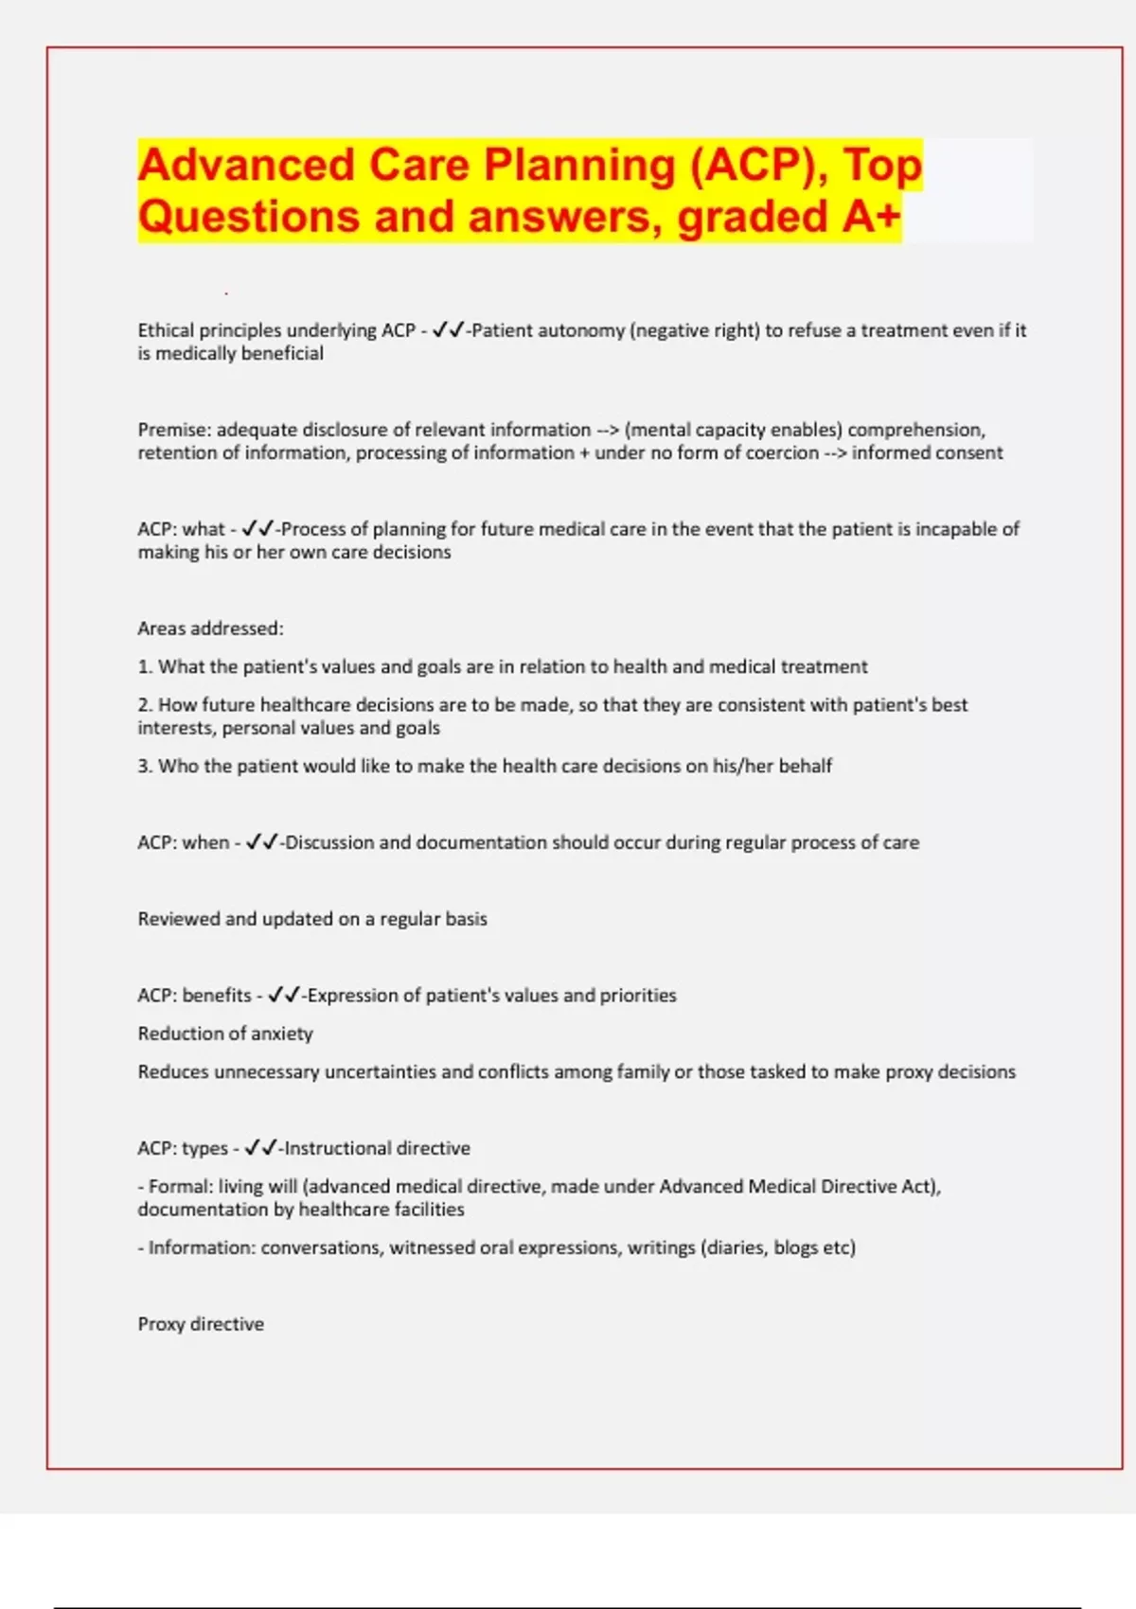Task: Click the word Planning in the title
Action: [579, 166]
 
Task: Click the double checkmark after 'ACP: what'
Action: [257, 529]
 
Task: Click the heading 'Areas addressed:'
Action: [210, 628]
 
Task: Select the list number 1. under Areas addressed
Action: [145, 666]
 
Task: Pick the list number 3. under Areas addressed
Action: [145, 766]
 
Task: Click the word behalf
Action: [805, 766]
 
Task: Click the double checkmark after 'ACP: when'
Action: [261, 842]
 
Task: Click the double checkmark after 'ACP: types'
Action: [260, 1148]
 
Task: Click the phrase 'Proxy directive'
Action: [201, 1324]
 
